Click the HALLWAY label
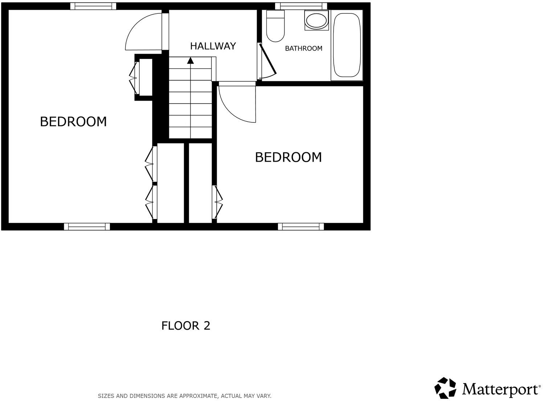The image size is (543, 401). tap(213, 46)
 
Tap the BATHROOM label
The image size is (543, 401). tap(303, 48)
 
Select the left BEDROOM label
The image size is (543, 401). tap(73, 121)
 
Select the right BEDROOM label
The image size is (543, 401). tap(288, 157)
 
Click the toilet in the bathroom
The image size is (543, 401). tap(275, 27)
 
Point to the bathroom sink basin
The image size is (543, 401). tap(316, 20)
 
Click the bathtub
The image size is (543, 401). tap(347, 45)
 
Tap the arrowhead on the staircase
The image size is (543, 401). tap(190, 60)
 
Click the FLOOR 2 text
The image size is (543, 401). tap(185, 325)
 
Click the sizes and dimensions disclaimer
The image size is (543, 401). tap(184, 396)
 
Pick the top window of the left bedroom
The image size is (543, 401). tap(93, 6)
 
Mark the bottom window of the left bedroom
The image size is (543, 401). tap(87, 227)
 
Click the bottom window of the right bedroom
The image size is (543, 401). tap(301, 227)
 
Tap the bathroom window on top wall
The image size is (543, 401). tap(301, 6)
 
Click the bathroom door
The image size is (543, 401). tap(268, 60)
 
